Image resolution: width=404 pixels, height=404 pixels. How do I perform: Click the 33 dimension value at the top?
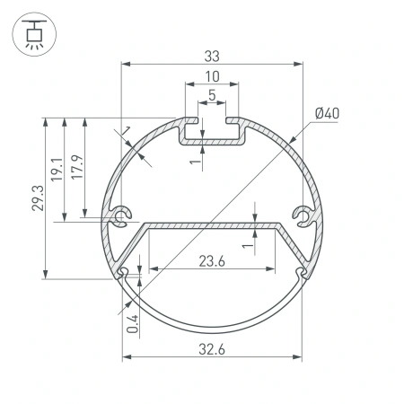click(x=212, y=56)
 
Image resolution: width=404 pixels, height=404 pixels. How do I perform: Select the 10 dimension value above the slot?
click(x=212, y=76)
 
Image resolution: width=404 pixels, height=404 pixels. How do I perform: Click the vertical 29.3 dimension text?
click(x=35, y=198)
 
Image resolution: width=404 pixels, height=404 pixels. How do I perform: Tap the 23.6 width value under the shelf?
click(x=212, y=261)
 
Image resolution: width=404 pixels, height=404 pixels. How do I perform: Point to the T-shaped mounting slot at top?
click(x=212, y=130)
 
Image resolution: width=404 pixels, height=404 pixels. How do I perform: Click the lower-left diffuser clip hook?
click(x=123, y=270)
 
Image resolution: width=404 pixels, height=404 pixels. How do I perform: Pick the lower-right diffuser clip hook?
click(x=301, y=270)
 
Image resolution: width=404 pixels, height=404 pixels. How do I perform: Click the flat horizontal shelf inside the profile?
click(x=212, y=224)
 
